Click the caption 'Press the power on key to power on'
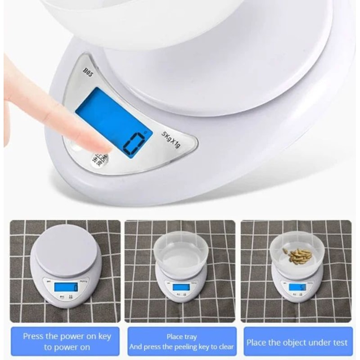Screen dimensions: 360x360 pos(67,342)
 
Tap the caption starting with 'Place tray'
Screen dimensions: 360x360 pos(181,342)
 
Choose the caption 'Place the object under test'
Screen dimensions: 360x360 pos(297,342)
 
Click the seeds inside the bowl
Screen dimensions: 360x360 pos(297,256)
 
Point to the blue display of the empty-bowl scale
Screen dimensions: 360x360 pos(181,287)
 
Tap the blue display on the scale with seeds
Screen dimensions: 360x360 pos(297,287)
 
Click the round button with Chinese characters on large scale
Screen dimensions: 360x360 pos(100,158)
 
